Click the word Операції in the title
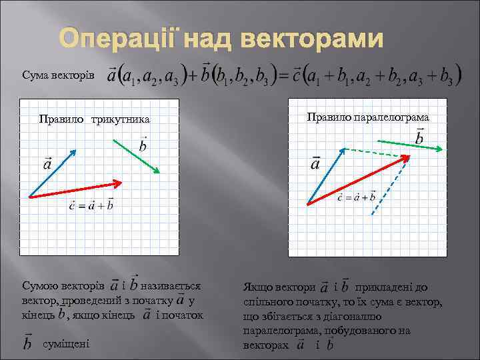click(x=117, y=41)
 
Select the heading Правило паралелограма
click(x=368, y=117)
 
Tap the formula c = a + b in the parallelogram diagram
click(x=357, y=197)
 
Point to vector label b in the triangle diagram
click(x=143, y=145)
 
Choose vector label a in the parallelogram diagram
click(x=315, y=164)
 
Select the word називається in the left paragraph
click(x=171, y=286)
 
